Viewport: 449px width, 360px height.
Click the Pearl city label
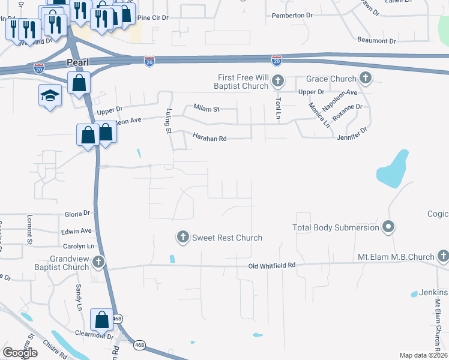pyautogui.click(x=77, y=63)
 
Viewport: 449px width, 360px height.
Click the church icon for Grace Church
pyautogui.click(x=366, y=78)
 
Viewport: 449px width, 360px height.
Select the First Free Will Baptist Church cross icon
pyautogui.click(x=277, y=80)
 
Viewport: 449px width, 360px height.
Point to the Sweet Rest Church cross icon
pyautogui.click(x=183, y=238)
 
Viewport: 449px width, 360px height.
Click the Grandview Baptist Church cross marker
pyautogui.click(x=98, y=262)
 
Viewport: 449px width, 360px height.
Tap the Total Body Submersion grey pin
pyautogui.click(x=388, y=227)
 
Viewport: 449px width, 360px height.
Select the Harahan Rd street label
pyautogui.click(x=209, y=139)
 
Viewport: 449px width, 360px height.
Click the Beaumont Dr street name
pyautogui.click(x=376, y=41)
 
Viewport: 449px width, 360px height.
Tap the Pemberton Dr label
pyautogui.click(x=292, y=16)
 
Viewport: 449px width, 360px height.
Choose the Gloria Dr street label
pyautogui.click(x=77, y=213)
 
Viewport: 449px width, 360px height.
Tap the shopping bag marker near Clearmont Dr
pyautogui.click(x=101, y=319)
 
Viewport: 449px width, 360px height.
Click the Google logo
pyautogui.click(x=20, y=353)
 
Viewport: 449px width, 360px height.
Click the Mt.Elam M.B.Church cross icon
pyautogui.click(x=443, y=257)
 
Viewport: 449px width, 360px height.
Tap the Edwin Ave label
pyautogui.click(x=77, y=230)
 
